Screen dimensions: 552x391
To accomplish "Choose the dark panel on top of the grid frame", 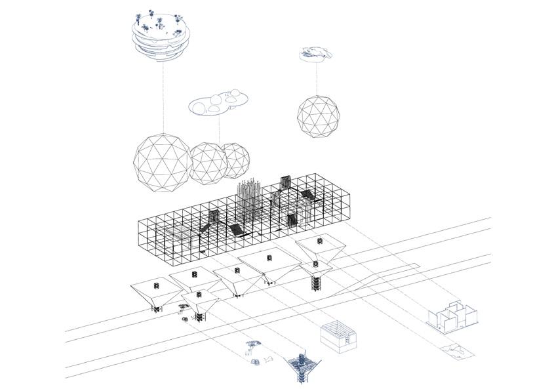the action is (x=285, y=182).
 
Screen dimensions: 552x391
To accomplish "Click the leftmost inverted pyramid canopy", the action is (x=156, y=293).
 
